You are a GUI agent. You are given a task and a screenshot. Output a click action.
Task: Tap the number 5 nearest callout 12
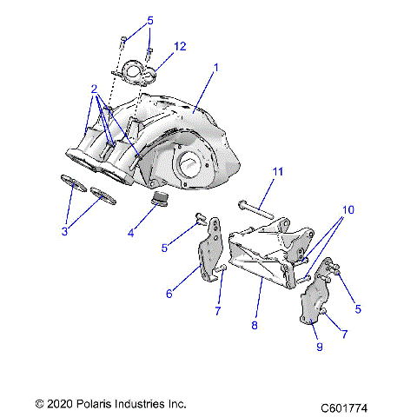[x=149, y=20]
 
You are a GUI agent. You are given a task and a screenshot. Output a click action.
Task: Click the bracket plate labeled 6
[x=208, y=258]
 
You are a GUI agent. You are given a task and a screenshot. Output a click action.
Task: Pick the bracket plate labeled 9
[x=314, y=301]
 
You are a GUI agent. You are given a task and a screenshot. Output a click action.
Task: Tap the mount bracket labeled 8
[x=264, y=253]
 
